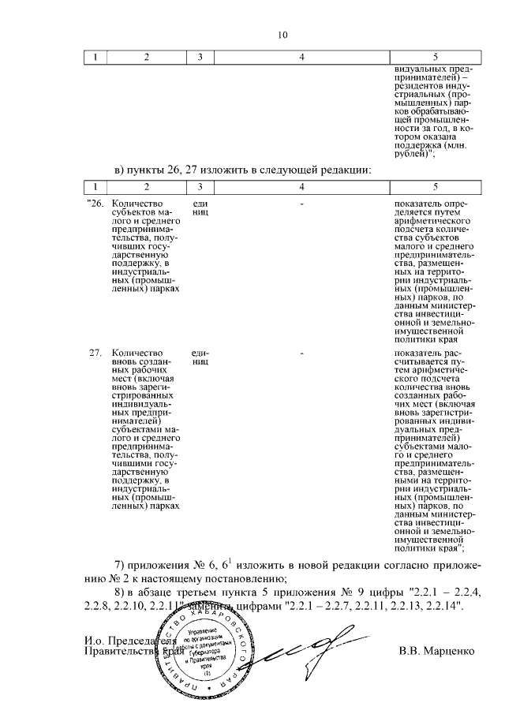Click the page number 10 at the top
tap(283, 34)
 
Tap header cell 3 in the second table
tap(200, 185)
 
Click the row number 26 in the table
tap(95, 203)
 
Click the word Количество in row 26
tap(138, 203)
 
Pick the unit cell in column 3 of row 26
tap(200, 207)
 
